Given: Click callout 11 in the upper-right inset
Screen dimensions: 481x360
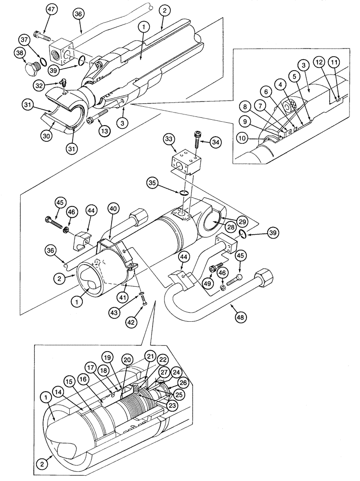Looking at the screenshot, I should click(334, 62).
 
